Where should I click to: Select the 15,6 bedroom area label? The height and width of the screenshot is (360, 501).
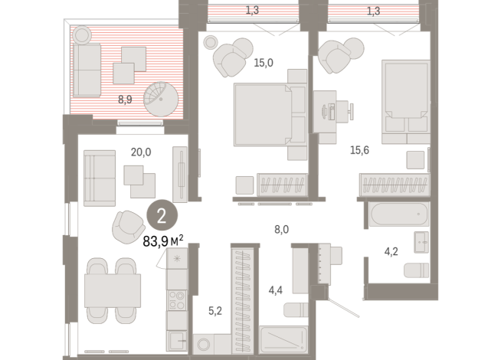(x=376, y=152)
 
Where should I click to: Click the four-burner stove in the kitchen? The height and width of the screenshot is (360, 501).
(x=177, y=299)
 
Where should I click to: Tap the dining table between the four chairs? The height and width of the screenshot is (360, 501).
(x=112, y=291)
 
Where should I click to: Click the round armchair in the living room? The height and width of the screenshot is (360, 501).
(x=129, y=227)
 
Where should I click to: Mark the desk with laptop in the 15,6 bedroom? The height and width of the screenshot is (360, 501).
(x=334, y=108)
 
